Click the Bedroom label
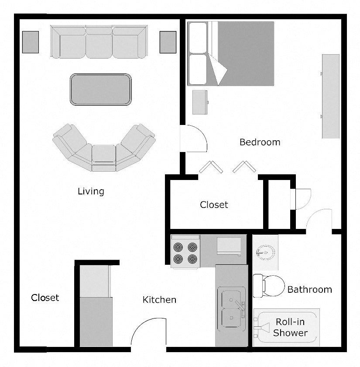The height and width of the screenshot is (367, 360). (x=260, y=142)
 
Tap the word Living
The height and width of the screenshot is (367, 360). (x=91, y=191)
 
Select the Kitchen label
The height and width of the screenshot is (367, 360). (x=159, y=300)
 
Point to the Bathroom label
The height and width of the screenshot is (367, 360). (x=309, y=289)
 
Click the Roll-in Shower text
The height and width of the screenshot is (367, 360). (x=290, y=328)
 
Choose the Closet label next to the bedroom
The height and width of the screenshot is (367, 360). (x=214, y=204)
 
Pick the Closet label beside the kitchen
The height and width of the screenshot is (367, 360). (x=45, y=298)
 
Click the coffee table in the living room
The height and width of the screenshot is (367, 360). (x=101, y=90)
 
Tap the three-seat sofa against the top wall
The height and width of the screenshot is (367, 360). (x=99, y=42)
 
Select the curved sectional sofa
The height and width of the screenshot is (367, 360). (x=104, y=151)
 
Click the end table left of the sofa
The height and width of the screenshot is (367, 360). (x=30, y=42)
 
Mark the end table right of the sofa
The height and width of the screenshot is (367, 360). (x=168, y=42)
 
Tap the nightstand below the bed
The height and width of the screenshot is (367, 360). (x=200, y=102)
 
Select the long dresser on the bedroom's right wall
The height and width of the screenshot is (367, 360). (x=330, y=96)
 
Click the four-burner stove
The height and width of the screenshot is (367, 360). (x=185, y=252)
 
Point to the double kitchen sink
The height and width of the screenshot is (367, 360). (x=232, y=308)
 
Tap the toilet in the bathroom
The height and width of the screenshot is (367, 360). (x=264, y=285)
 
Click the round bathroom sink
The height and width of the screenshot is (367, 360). (x=265, y=252)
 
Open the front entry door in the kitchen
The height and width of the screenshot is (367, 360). (x=148, y=334)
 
